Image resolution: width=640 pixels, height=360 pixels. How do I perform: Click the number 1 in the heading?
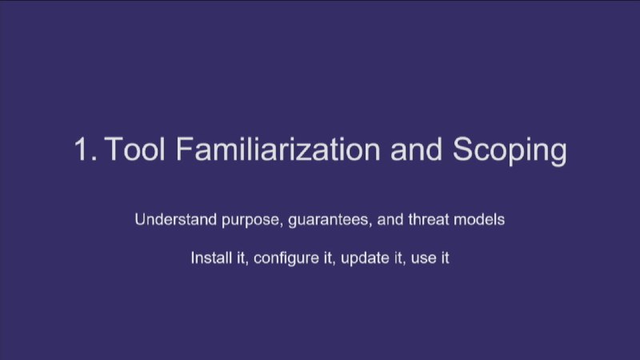click(x=82, y=150)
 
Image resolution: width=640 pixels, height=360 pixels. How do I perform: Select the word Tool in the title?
click(x=135, y=149)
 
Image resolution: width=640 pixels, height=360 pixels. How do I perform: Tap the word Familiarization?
click(x=278, y=149)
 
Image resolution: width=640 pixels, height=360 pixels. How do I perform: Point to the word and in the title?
click(x=416, y=149)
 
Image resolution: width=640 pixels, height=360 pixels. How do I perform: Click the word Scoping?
click(x=510, y=151)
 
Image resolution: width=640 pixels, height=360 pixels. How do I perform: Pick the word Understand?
click(x=176, y=219)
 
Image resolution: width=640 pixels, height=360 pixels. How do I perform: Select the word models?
click(x=479, y=219)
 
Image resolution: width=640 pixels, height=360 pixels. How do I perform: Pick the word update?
click(x=365, y=258)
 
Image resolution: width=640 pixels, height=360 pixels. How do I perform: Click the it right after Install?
click(x=242, y=258)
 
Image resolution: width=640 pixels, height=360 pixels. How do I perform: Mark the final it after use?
click(x=445, y=258)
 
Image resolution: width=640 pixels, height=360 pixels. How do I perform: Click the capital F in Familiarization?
click(x=185, y=149)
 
